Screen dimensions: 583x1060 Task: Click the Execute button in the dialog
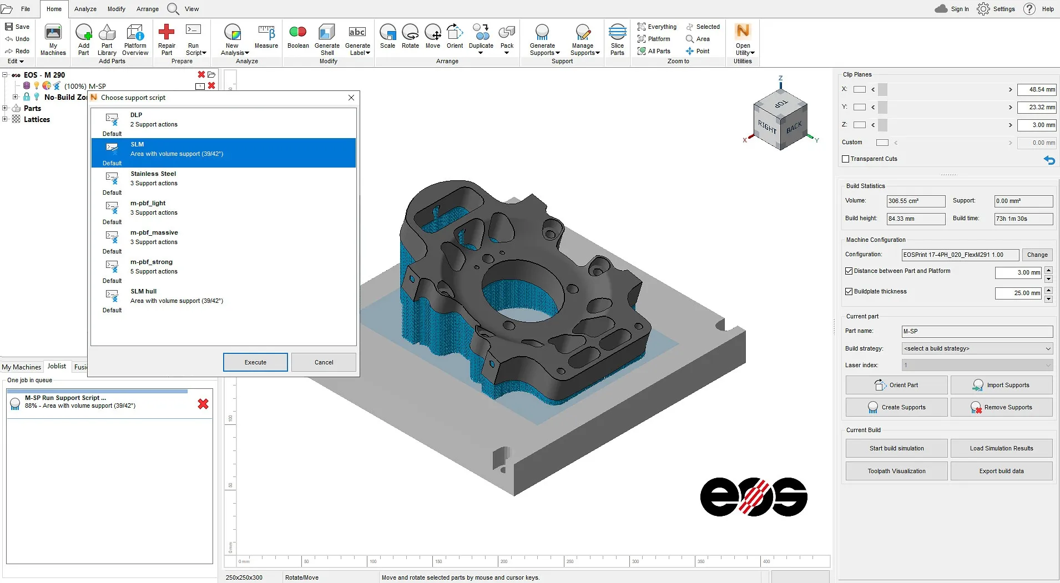click(255, 362)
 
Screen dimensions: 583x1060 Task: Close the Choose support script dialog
click(351, 98)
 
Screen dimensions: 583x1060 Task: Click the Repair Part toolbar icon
click(166, 39)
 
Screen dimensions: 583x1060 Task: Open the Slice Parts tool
click(617, 39)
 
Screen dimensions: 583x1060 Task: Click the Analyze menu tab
click(85, 9)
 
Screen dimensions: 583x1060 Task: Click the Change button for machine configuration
click(1037, 255)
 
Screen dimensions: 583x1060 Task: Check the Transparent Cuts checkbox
click(846, 159)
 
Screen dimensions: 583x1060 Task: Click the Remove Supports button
click(1001, 407)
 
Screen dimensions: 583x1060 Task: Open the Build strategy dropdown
click(977, 348)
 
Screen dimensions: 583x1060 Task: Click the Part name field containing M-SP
click(977, 331)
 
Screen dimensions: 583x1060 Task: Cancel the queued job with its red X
click(203, 404)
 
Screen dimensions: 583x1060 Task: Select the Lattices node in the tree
click(37, 119)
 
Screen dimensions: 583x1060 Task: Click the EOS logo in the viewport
click(753, 497)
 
